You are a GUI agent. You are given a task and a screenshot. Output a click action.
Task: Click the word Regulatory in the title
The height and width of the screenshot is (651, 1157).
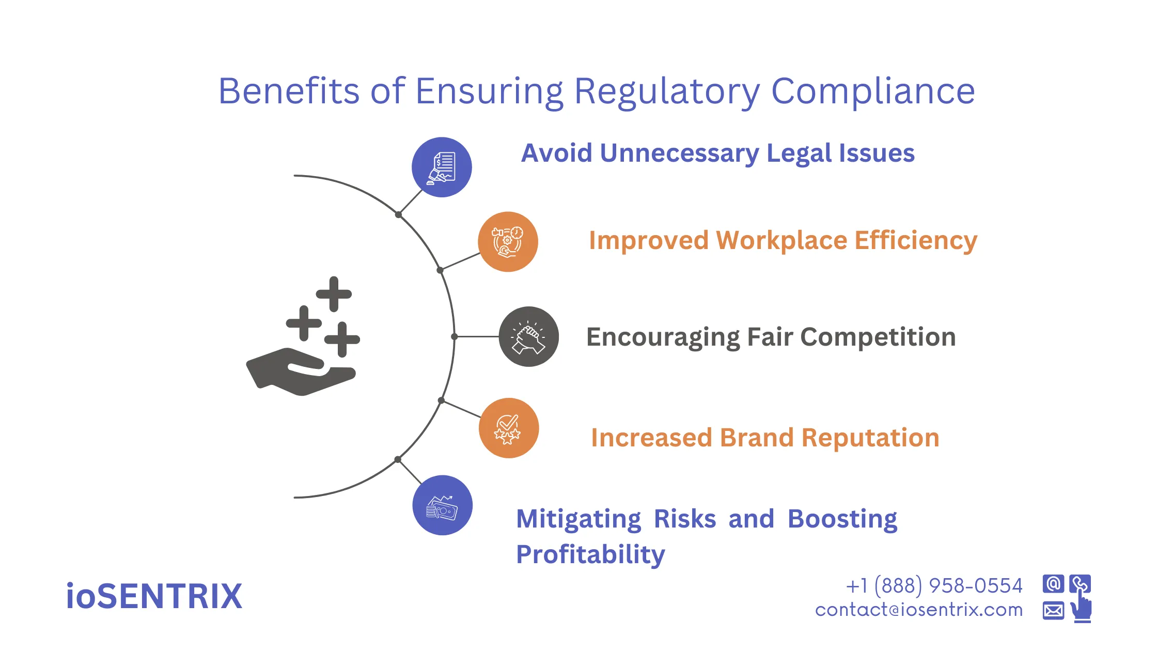click(x=666, y=92)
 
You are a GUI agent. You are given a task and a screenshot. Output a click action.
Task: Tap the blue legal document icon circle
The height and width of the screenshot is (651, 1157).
click(x=442, y=167)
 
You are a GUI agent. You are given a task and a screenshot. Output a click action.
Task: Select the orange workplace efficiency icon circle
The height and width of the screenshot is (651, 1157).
click(x=508, y=241)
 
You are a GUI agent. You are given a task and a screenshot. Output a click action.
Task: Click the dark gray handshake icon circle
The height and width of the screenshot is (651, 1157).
click(x=528, y=337)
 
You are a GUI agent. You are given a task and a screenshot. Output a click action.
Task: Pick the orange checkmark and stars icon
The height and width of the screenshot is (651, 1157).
click(x=508, y=428)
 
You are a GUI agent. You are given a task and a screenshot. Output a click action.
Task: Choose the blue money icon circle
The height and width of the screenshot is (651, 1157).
click(x=442, y=505)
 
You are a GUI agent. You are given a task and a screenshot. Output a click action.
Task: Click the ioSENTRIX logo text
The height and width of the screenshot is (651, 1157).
click(x=154, y=596)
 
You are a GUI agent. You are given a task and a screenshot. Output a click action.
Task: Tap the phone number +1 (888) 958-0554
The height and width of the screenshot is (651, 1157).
click(x=934, y=586)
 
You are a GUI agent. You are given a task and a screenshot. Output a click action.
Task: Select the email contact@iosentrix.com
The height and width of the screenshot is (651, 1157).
click(x=919, y=610)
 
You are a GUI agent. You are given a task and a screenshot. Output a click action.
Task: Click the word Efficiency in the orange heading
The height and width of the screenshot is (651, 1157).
click(x=916, y=241)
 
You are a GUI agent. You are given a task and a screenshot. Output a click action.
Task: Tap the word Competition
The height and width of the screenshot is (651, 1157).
click(x=878, y=337)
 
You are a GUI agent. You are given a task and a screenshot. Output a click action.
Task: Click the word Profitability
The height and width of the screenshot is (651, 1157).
click(x=590, y=555)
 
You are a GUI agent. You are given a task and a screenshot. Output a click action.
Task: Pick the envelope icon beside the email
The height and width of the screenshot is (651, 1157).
click(x=1053, y=611)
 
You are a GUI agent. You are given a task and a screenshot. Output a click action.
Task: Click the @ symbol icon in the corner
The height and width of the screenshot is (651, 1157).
click(x=1053, y=584)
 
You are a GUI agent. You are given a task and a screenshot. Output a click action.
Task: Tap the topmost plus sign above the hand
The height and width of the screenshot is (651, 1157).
click(x=334, y=294)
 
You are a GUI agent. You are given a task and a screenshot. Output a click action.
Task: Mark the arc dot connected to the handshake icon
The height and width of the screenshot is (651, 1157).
click(x=455, y=337)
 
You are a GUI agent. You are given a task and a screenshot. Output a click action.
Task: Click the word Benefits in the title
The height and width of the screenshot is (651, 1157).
click(x=288, y=92)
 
